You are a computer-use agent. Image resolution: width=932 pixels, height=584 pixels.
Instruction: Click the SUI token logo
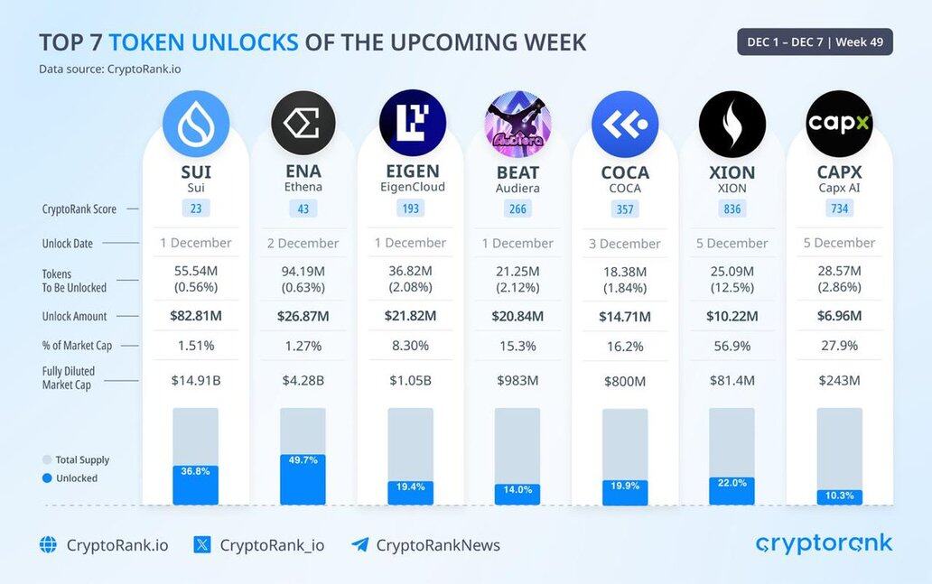(196, 124)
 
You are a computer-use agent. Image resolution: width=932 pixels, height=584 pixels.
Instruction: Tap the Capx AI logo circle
(839, 124)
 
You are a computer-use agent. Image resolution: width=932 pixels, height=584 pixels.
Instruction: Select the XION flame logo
(732, 124)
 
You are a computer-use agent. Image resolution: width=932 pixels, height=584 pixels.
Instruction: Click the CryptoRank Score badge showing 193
(410, 209)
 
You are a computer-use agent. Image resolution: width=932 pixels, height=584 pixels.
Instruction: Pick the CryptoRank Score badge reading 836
(732, 209)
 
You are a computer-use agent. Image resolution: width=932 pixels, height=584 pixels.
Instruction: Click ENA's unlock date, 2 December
(303, 244)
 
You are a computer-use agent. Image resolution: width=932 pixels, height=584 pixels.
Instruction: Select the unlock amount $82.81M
(195, 316)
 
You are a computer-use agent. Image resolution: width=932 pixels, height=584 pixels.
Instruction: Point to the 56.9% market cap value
(732, 346)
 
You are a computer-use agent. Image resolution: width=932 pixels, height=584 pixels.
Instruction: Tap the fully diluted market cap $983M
(517, 381)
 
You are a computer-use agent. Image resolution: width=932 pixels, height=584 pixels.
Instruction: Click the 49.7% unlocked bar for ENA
(303, 479)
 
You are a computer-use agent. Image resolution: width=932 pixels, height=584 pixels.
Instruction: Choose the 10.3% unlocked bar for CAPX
(839, 496)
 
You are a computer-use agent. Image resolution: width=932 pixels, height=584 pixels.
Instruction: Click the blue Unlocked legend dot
(47, 478)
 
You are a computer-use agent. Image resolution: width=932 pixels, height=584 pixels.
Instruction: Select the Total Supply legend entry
(76, 459)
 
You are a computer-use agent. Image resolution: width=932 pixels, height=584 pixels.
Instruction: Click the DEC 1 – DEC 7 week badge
(815, 42)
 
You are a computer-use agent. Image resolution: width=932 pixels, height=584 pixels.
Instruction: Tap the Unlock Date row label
(68, 244)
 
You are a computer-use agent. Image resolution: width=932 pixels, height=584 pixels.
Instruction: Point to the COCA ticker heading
(625, 172)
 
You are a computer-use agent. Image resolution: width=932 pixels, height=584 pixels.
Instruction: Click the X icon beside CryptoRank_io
(202, 544)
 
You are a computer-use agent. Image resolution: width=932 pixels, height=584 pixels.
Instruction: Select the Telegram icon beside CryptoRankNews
(360, 544)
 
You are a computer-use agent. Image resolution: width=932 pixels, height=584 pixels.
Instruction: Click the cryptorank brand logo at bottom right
(824, 543)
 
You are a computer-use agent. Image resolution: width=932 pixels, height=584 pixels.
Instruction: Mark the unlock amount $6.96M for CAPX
(839, 316)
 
